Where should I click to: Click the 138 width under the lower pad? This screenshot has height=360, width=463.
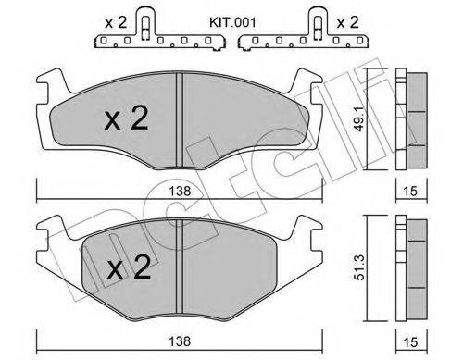176,343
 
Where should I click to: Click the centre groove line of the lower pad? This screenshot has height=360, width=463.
178,268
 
